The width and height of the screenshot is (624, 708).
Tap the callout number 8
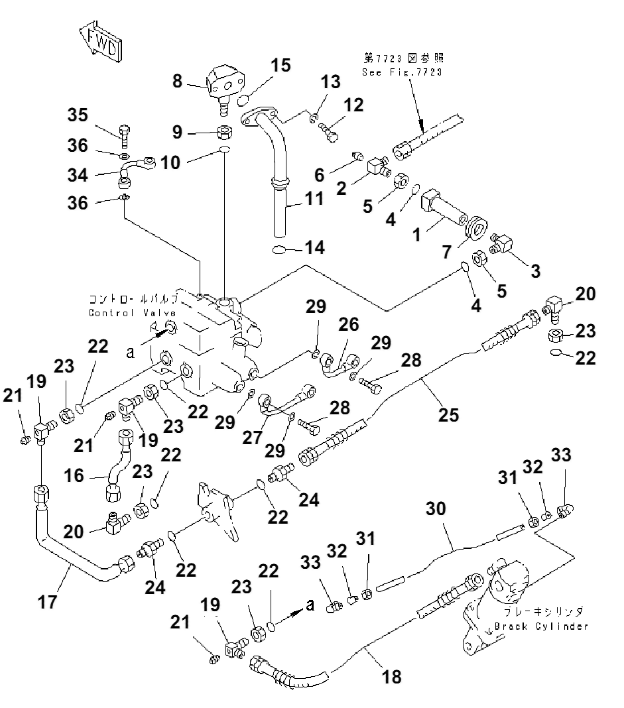pos(177,82)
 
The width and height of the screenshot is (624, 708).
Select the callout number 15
pos(281,66)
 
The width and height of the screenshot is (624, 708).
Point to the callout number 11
pos(314,198)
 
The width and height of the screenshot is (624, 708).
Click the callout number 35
pos(78,115)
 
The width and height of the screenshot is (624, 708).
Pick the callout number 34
pos(78,175)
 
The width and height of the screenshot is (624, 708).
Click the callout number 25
pos(448,415)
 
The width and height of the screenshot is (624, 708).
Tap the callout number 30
pos(436,509)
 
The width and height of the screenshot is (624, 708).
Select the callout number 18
pos(391,677)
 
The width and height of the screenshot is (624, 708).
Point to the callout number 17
pos(47,602)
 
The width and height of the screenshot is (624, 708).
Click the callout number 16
pos(74,475)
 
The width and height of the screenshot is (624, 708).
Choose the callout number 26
pos(349,324)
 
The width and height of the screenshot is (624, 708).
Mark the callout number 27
pos(253,437)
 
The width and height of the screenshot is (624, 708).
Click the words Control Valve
pos(133,313)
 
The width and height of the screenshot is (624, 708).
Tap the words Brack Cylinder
pos(541,626)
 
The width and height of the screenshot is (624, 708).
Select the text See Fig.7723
pos(402,72)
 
